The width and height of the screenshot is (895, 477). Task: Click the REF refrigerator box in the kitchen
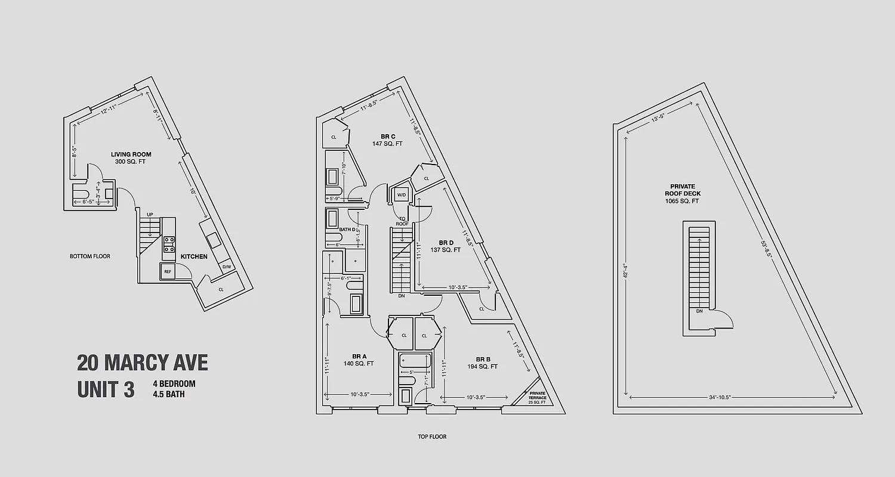168,272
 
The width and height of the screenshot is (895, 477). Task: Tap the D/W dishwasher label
227,267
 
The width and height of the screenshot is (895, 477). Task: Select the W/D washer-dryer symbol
401,194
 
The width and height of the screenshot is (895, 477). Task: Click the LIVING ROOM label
131,154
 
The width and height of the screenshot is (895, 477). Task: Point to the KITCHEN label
194,256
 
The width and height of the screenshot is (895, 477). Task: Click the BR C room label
388,136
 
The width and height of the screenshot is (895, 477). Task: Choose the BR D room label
446,243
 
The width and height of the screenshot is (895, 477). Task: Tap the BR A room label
359,356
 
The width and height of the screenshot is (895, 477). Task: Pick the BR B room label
483,359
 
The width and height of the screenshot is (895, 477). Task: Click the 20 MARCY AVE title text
143,363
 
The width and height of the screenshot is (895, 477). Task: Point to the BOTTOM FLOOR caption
90,256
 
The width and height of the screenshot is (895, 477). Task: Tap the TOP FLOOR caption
432,436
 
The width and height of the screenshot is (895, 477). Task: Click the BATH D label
347,229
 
